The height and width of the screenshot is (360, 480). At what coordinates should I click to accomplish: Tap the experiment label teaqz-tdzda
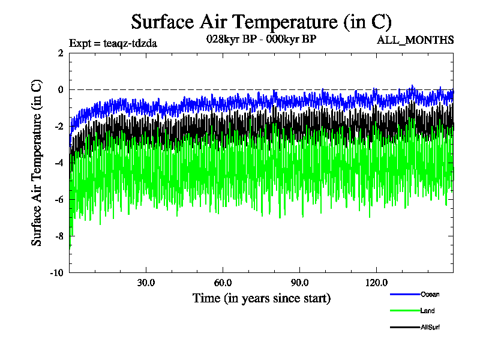coord(113,43)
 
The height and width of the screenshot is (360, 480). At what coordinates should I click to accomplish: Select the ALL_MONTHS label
coord(415,40)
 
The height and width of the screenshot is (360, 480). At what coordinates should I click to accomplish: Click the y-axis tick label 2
coord(60,53)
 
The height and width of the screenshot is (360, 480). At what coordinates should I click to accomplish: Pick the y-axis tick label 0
coord(60,89)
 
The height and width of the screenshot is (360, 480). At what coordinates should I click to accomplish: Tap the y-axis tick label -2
coord(58,126)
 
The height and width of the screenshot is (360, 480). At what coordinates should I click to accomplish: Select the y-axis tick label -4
coord(58,163)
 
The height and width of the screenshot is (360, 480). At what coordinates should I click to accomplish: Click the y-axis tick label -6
coord(58,199)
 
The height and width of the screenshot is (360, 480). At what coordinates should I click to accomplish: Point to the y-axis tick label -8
coord(58,236)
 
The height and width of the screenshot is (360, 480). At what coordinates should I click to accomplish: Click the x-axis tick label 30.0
coord(146,283)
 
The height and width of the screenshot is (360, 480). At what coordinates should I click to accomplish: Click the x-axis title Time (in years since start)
coord(261,298)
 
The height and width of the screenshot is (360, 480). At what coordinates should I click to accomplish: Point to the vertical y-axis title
coord(37,163)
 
